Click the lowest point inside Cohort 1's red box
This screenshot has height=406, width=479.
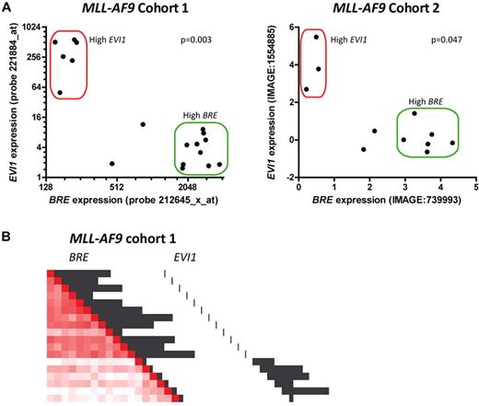coord(61,92)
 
